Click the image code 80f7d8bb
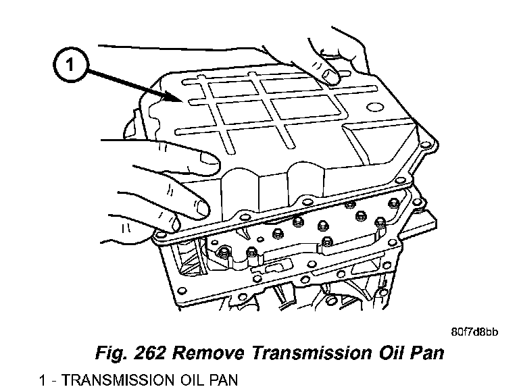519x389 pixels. click(x=474, y=332)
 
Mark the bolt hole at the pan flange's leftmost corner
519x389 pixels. click(x=160, y=236)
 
